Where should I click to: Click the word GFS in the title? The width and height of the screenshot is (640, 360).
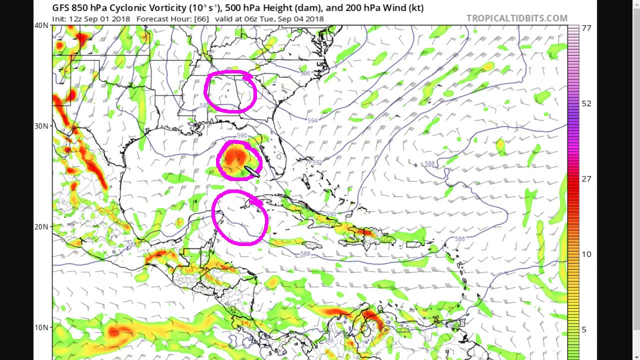pos(61,8)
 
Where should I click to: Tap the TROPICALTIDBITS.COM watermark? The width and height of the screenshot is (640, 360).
pos(516,18)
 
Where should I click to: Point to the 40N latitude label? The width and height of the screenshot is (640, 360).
pos(41,25)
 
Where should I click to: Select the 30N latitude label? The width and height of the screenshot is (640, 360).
pos(41,126)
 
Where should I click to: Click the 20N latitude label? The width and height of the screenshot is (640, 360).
pos(41,226)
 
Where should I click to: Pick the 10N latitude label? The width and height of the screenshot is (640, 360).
pos(41,327)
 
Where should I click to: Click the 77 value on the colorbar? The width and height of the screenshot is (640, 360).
pos(586,28)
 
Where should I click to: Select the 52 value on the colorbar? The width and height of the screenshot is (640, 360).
pos(586,103)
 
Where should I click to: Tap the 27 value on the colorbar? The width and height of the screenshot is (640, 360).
pos(586,179)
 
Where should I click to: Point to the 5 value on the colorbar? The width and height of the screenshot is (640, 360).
pos(583,329)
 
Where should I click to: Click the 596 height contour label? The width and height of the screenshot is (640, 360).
pos(305,73)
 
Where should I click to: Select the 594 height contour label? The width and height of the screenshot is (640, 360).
pos(312,120)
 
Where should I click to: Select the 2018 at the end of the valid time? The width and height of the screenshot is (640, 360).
pos(314,19)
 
